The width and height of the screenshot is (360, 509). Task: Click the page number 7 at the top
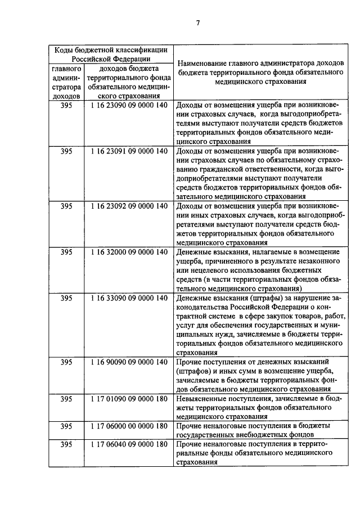tap(198, 23)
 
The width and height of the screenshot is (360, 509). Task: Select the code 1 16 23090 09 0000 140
tap(129, 105)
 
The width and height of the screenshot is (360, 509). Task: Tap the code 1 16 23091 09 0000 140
tap(129, 151)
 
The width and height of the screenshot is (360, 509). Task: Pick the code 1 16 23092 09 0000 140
tap(129, 206)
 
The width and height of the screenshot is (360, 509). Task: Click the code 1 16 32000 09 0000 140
tap(129, 252)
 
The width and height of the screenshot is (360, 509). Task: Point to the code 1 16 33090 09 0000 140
tap(129, 298)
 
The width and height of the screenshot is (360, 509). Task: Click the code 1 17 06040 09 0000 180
tap(129, 444)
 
